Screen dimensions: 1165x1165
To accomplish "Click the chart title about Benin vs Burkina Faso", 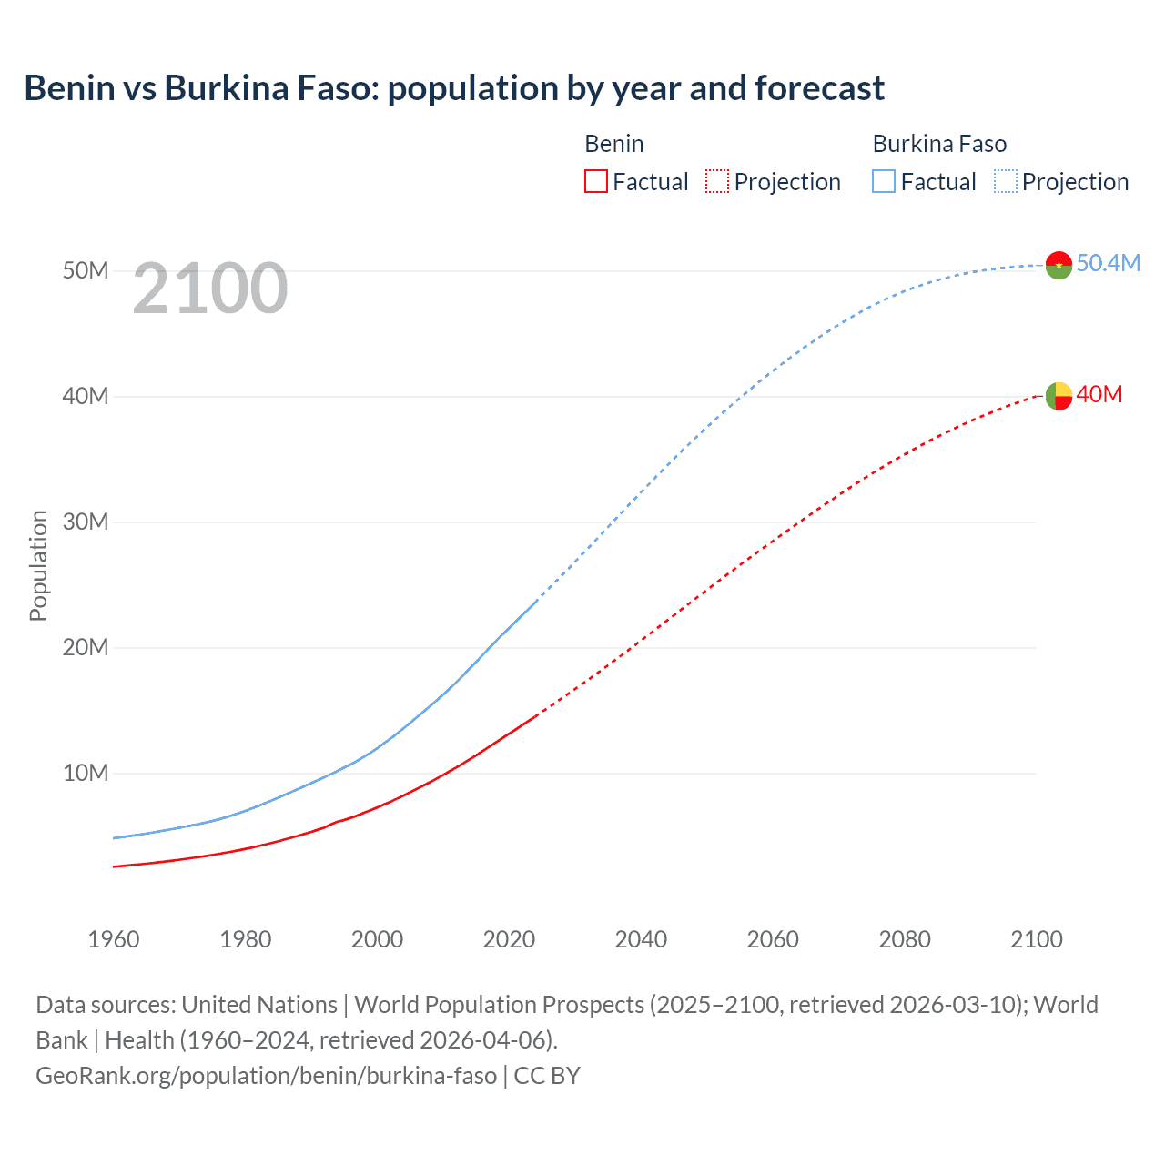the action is click(453, 88).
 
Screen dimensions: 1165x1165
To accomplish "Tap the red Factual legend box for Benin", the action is click(595, 181).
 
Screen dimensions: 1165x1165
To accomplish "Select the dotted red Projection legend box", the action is click(717, 181).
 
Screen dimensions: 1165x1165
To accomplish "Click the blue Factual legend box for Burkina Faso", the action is click(884, 181).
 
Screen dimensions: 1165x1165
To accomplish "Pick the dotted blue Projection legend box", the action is click(1006, 181).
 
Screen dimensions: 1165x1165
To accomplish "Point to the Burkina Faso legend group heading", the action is click(939, 144).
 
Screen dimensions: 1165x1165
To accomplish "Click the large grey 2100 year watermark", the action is click(210, 289).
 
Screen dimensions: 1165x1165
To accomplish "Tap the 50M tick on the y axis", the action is click(86, 271).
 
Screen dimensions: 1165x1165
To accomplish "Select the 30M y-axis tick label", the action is click(86, 522).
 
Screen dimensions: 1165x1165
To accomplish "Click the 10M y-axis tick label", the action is click(86, 774).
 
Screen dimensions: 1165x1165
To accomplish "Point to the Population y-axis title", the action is click(38, 565).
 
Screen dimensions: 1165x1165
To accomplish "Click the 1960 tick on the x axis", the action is click(114, 939).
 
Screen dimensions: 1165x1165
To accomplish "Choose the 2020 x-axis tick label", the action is click(509, 939).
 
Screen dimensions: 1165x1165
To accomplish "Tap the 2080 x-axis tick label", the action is click(905, 939).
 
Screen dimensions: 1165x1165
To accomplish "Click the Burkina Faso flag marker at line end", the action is click(1059, 265).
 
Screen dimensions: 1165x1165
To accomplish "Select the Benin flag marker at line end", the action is click(1059, 396).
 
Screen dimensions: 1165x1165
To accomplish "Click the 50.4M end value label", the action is click(1108, 263).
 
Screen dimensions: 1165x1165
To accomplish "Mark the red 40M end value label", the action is click(1099, 394).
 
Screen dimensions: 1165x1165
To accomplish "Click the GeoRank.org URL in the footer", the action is click(266, 1076).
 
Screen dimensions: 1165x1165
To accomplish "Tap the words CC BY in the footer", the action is click(547, 1076).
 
